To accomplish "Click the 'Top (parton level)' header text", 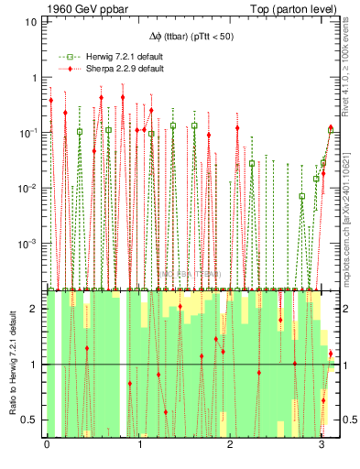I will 287,10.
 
